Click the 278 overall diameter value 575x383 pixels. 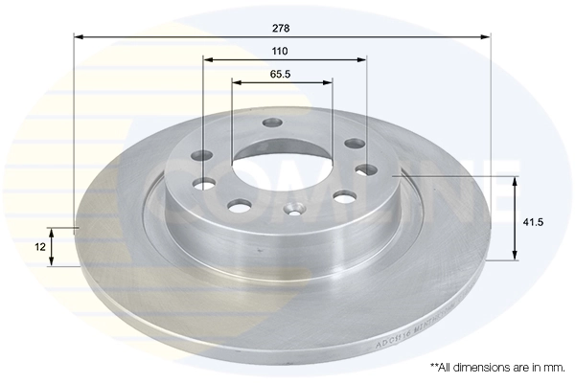pyautogui.click(x=281, y=27)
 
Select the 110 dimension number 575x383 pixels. pyautogui.click(x=281, y=49)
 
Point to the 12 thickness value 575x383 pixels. pyautogui.click(x=39, y=247)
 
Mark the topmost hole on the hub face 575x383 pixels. pyautogui.click(x=272, y=123)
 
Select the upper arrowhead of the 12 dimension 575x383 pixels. pyautogui.click(x=53, y=231)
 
